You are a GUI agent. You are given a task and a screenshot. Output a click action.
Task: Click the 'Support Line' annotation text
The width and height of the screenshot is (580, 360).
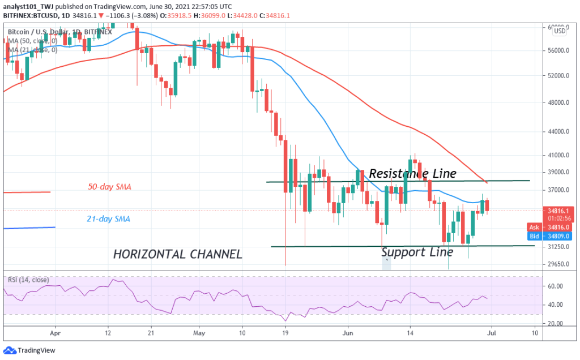[x=417, y=252]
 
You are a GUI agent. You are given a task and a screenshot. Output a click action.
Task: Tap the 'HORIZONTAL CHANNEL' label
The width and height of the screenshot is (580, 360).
[x=178, y=255]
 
